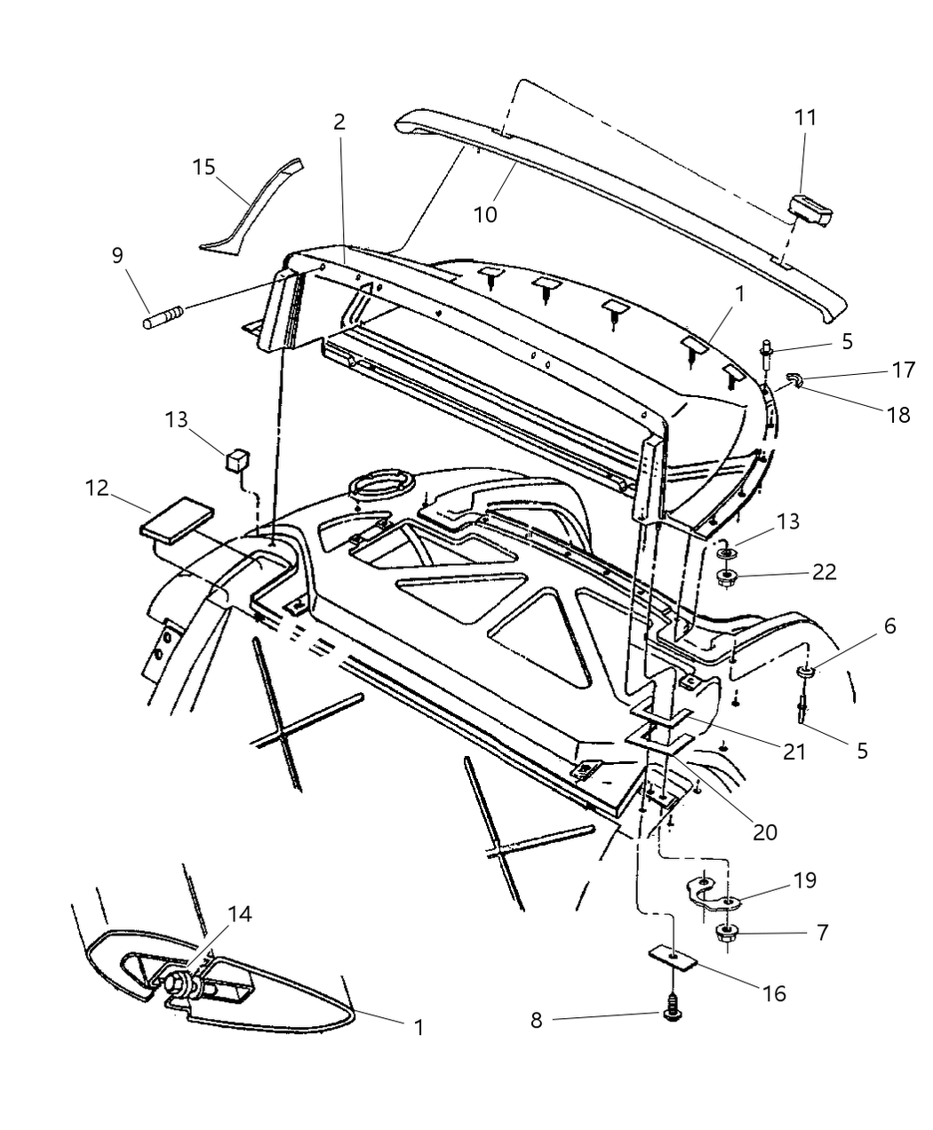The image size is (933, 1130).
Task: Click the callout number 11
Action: pos(805,117)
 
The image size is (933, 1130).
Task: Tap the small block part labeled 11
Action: pos(811,211)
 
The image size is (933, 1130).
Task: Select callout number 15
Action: pos(204,166)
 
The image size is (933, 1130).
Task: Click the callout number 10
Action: pos(485,214)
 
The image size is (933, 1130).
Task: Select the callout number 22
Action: pos(825,571)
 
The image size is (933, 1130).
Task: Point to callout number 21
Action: pos(793,751)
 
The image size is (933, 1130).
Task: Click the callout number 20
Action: pos(765,832)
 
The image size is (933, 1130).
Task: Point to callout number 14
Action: pos(239,913)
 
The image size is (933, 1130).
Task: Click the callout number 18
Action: pos(899,414)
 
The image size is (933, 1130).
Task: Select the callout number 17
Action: pos(904,370)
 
